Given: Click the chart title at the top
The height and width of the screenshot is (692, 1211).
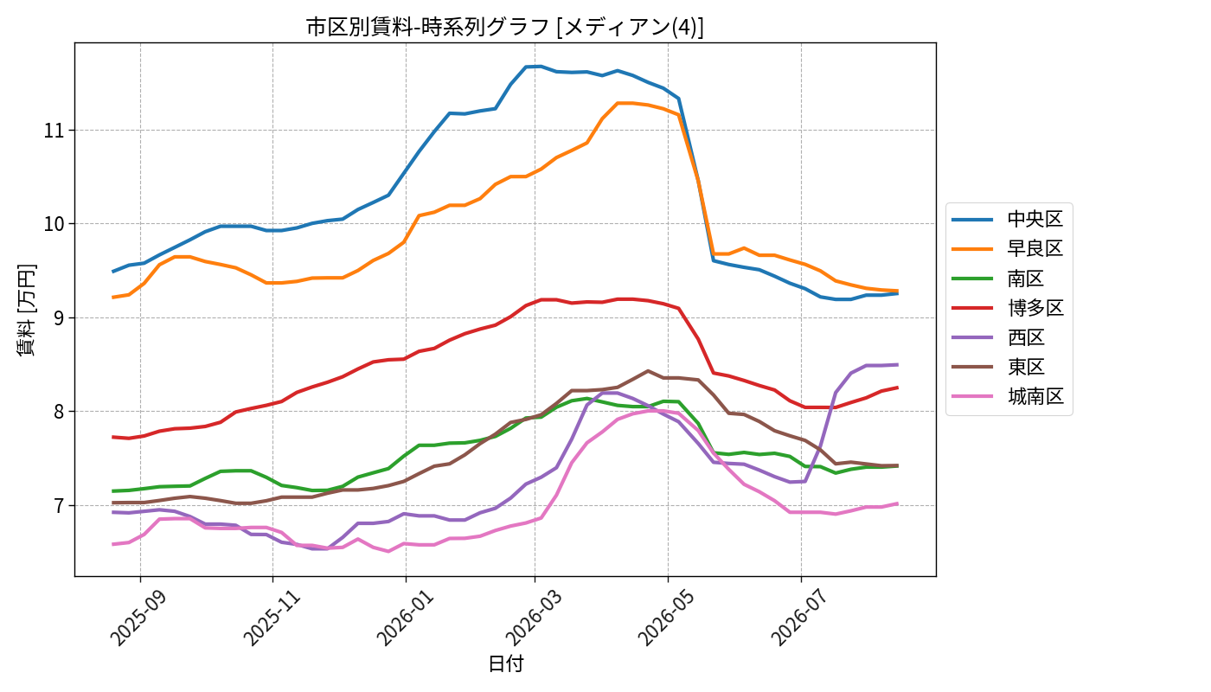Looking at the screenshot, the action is (x=505, y=27).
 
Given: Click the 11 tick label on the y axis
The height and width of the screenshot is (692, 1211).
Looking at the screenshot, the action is (x=53, y=131).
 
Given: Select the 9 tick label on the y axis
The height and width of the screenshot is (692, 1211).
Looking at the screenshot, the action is (x=58, y=318).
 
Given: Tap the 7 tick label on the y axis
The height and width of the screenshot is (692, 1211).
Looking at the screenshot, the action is (x=58, y=505).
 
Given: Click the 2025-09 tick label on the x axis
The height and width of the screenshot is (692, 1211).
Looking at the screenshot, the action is (x=138, y=618).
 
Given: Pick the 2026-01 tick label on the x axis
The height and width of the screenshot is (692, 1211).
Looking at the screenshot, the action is (x=404, y=618).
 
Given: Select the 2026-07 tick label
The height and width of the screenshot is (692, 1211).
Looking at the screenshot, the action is (x=798, y=618).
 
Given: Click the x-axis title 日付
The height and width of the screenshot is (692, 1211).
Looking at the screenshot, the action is (x=505, y=663).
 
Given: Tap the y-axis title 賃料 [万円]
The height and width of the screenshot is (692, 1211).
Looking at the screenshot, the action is (x=26, y=310).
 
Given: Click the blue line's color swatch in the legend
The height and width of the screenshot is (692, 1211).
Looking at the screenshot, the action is (x=972, y=220).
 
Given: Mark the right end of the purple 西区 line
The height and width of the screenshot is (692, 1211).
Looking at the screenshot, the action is (x=898, y=365).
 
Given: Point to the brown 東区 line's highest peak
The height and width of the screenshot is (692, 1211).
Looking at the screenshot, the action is (x=648, y=371).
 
